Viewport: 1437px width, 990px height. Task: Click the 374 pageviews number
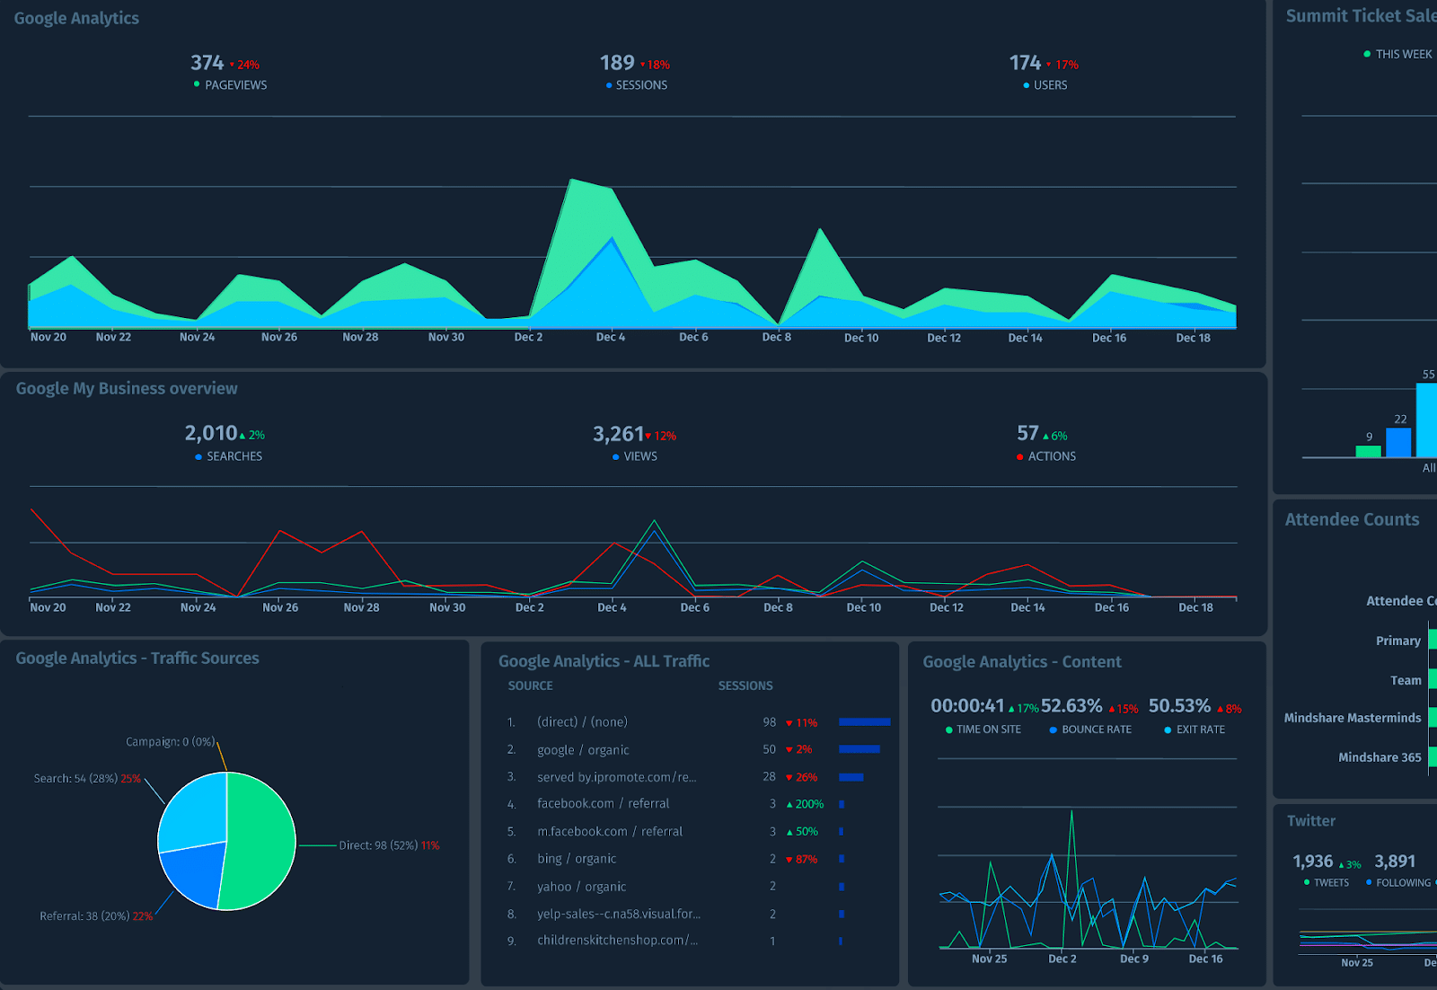point(207,63)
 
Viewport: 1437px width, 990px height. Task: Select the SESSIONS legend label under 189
point(641,85)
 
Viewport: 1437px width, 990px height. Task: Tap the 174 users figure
point(1025,63)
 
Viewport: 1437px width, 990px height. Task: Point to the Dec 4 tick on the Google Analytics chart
point(611,337)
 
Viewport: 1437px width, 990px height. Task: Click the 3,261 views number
point(618,435)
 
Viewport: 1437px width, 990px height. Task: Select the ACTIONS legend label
point(1052,456)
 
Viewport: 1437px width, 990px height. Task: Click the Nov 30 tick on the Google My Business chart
point(447,607)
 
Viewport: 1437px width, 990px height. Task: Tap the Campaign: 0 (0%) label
point(170,742)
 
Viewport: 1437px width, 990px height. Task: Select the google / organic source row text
point(583,750)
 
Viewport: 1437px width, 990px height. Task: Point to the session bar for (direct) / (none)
point(864,722)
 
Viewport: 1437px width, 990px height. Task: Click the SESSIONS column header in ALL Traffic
point(745,685)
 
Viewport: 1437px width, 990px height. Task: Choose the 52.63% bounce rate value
point(1071,706)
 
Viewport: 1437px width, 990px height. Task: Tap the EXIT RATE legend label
point(1200,729)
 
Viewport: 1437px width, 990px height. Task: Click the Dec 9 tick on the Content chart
point(1133,959)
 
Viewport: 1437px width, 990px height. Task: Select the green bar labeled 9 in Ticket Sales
point(1368,451)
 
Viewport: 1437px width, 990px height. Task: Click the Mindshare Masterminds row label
point(1353,718)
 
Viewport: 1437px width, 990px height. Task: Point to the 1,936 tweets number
point(1312,862)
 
